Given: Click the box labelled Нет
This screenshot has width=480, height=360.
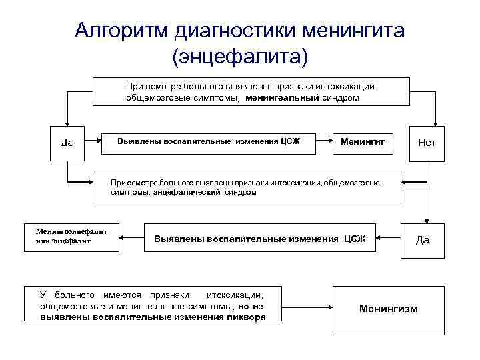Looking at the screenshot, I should point(427,142).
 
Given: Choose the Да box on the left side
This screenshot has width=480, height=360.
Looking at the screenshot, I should point(67,142).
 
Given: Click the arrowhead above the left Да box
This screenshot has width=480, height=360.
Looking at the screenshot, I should point(67,121).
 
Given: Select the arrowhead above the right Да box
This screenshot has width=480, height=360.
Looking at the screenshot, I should point(427,220).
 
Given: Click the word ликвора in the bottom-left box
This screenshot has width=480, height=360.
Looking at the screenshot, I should point(246,317).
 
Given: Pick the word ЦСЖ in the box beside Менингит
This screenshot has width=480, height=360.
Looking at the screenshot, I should point(290,141).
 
